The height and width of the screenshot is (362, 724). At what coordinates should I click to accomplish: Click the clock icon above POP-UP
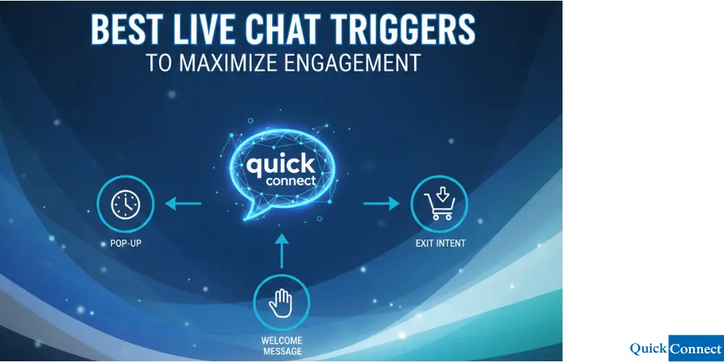point(125,204)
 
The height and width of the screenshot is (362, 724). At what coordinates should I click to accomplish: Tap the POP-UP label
point(125,243)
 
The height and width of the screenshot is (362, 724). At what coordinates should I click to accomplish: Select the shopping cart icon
point(439,203)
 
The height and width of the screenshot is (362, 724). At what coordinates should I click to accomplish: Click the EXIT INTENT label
point(440,243)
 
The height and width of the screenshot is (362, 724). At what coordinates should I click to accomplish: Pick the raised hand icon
point(281,304)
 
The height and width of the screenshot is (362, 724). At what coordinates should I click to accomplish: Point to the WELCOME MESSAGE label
point(282,346)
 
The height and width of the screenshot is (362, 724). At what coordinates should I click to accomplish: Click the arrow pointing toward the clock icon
point(183,204)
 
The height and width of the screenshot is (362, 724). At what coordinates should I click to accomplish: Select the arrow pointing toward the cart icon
point(381,204)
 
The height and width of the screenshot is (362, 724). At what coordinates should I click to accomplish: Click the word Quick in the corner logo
point(648,349)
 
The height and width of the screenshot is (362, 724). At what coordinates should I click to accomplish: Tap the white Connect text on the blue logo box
point(695,349)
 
